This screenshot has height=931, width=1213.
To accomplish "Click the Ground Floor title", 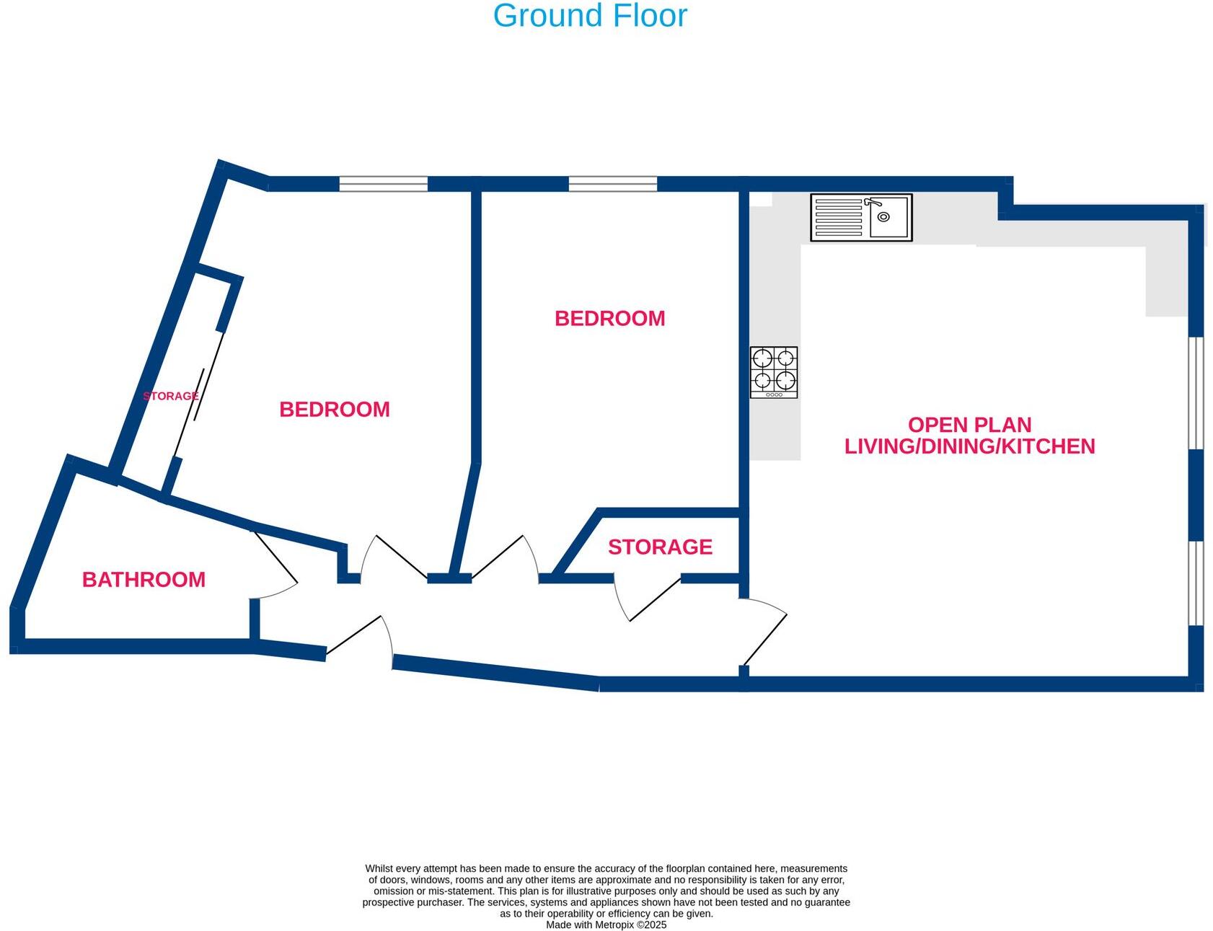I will pyautogui.click(x=590, y=16).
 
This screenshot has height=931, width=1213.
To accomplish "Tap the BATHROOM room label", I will pyautogui.click(x=144, y=579).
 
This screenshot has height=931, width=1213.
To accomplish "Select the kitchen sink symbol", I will pyautogui.click(x=861, y=217).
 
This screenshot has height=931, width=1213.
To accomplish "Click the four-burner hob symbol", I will pyautogui.click(x=774, y=372).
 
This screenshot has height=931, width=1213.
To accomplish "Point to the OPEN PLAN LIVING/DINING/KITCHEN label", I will pyautogui.click(x=969, y=436).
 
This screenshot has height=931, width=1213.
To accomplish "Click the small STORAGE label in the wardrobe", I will pyautogui.click(x=170, y=396).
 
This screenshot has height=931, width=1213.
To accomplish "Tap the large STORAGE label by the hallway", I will pyautogui.click(x=660, y=547).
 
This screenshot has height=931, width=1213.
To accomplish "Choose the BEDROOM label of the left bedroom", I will pyautogui.click(x=335, y=410).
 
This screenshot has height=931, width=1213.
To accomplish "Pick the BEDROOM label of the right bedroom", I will pyautogui.click(x=609, y=318).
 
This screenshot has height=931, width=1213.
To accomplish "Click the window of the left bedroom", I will pyautogui.click(x=383, y=184).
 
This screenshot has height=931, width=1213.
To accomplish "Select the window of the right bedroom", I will pyautogui.click(x=612, y=184).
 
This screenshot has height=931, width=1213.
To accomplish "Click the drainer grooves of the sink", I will pyautogui.click(x=838, y=217).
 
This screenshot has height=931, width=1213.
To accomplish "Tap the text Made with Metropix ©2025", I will pyautogui.click(x=606, y=925).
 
